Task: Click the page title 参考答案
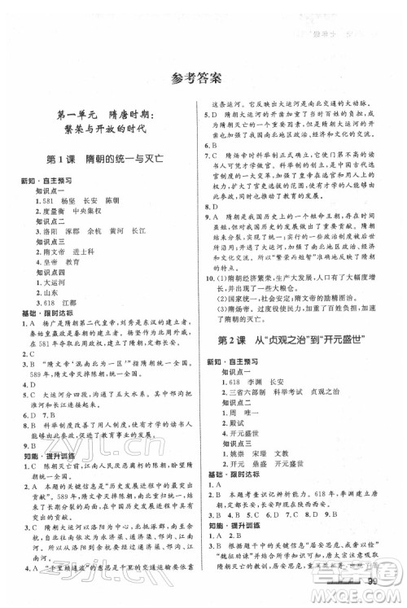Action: pyautogui.click(x=203, y=79)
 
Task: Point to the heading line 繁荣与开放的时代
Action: pyautogui.click(x=100, y=130)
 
